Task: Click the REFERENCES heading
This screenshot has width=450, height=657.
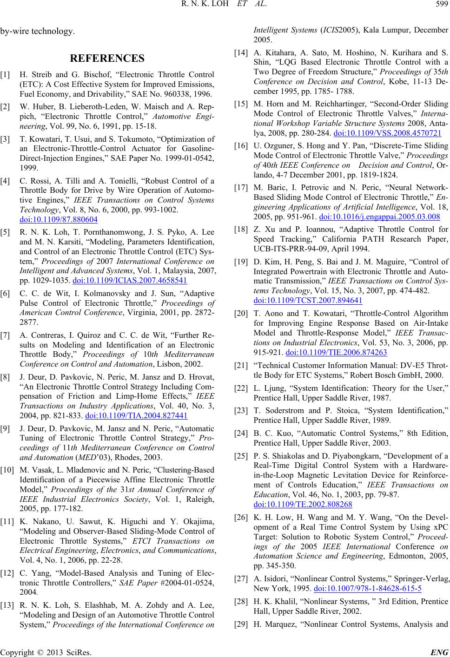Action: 107,59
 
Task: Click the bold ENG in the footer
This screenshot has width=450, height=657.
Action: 440,651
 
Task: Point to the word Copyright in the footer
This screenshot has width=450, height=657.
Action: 16,651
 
